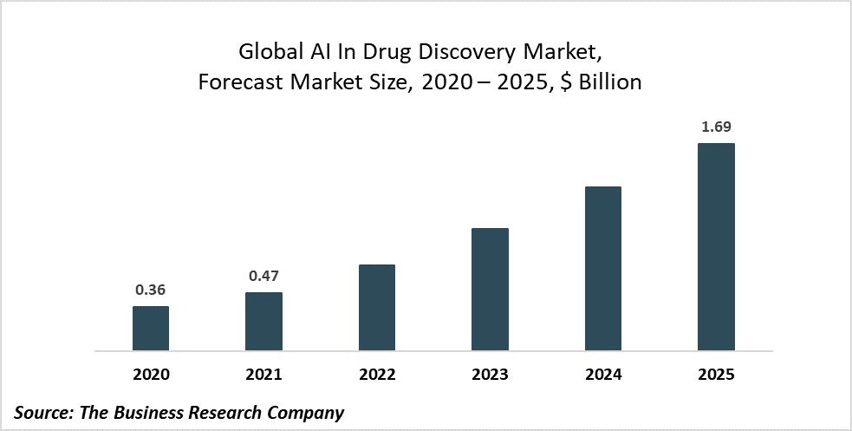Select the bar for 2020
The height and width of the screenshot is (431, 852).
point(151,329)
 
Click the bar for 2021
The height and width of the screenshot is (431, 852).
point(263,322)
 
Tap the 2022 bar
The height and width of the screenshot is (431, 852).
point(376,308)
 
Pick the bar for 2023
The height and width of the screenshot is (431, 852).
point(490,290)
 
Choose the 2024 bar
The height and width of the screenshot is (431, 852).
point(602,269)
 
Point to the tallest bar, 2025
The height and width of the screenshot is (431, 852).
point(716,247)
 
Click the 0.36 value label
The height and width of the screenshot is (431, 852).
point(151,291)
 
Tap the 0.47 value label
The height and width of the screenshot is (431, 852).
point(263,277)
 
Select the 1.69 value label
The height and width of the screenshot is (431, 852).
point(716,127)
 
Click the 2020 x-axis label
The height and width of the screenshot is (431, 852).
point(151,375)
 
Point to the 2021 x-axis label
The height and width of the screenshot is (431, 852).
point(263,375)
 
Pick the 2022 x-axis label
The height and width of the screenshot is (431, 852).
point(376,375)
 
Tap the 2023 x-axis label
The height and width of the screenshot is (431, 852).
point(490,375)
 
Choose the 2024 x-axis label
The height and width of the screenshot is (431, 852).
point(602,375)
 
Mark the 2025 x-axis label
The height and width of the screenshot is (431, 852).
point(716,375)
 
